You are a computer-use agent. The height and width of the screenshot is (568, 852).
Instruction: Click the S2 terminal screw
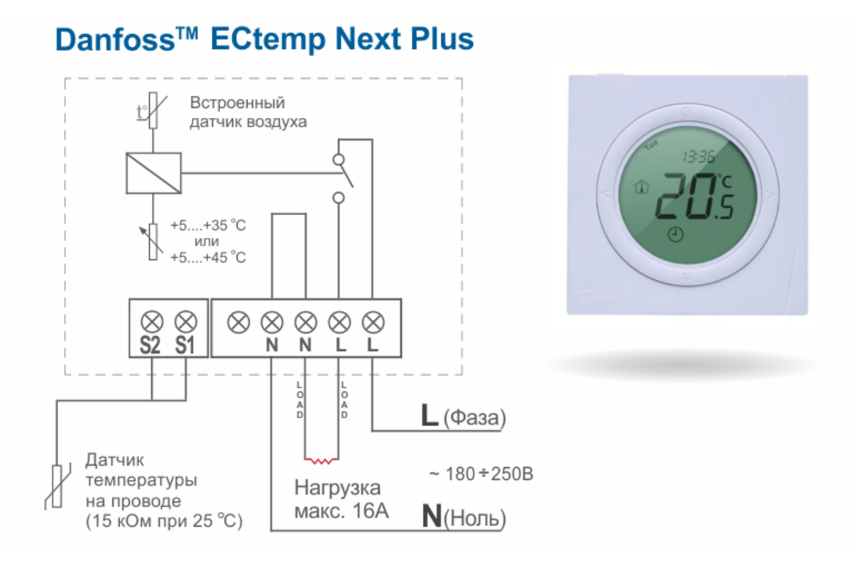coord(152,322)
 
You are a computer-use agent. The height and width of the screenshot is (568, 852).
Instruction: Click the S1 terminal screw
coord(185,322)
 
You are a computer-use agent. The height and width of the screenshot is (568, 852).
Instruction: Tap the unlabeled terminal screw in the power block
coord(239,322)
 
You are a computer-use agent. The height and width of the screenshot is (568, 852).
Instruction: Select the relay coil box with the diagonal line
coord(153,173)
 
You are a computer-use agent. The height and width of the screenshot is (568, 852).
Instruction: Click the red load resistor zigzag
coord(322,461)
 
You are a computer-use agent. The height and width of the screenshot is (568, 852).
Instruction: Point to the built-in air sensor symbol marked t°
coord(153,110)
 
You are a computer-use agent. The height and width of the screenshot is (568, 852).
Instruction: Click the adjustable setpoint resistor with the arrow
coord(153,242)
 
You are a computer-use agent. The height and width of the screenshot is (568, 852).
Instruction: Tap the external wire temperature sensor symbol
coord(57,486)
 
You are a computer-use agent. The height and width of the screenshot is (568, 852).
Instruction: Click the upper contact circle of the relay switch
coord(339,160)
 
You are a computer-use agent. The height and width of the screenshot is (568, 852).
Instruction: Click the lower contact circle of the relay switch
coord(339,198)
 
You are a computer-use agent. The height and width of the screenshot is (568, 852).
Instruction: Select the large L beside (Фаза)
coord(430,415)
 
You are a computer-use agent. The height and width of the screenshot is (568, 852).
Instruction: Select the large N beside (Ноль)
coord(432,516)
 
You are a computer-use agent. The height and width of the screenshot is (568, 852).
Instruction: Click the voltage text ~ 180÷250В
coord(481,474)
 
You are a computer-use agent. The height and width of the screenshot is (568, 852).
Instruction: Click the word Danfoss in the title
coord(115,40)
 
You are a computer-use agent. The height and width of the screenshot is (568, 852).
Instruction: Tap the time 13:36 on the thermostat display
coord(699,157)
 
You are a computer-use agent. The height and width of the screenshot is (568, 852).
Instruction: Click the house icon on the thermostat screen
coord(642,187)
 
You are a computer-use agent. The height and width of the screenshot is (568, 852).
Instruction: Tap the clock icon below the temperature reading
coord(675,234)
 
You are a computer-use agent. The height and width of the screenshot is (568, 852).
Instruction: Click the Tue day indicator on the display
coord(651,145)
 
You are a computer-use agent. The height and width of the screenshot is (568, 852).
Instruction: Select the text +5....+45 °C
coord(208,258)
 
